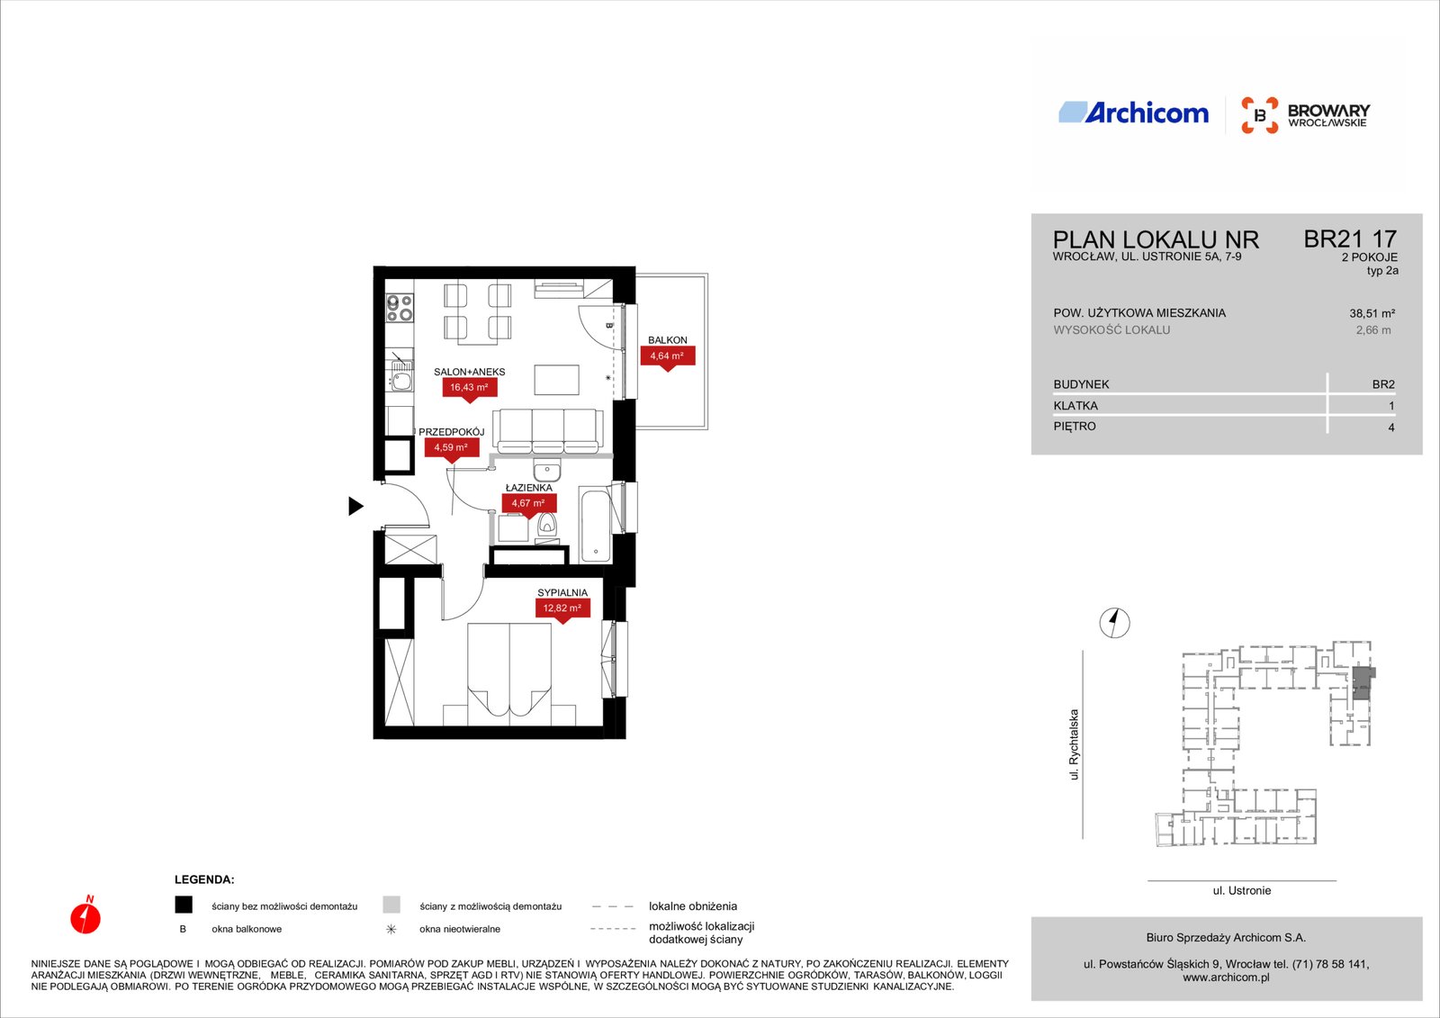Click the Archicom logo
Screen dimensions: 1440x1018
click(x=1133, y=113)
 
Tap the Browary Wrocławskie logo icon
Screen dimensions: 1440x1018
click(x=1259, y=115)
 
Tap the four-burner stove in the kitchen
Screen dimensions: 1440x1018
click(x=400, y=308)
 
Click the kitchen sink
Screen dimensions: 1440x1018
click(x=401, y=376)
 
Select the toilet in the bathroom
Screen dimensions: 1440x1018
click(x=547, y=525)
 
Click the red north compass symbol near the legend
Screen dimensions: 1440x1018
click(x=85, y=915)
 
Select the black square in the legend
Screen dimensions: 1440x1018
click(x=184, y=905)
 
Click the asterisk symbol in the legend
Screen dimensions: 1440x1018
click(x=391, y=929)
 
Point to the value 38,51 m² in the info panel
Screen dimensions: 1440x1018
click(x=1372, y=314)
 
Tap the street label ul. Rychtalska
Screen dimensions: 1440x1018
click(x=1074, y=744)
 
